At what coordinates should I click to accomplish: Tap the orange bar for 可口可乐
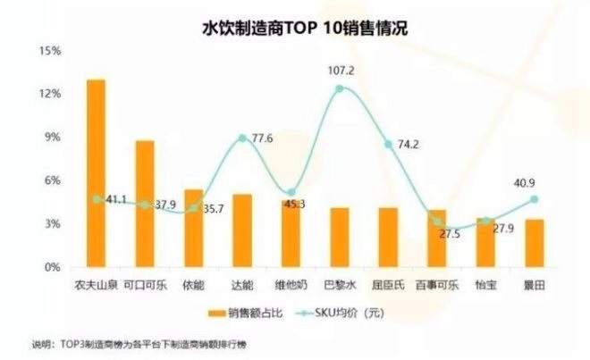(145, 204)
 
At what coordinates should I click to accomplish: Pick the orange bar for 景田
(533, 243)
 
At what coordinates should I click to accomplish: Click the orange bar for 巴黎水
(339, 237)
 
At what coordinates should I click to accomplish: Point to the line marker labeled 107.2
(339, 88)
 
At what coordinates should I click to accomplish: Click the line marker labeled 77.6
(242, 138)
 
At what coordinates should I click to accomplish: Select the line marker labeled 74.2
(388, 145)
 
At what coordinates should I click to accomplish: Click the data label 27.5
(444, 234)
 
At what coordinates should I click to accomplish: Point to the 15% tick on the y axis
(49, 51)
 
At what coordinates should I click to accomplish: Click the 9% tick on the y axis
(52, 138)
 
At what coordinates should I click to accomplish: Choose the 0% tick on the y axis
(52, 267)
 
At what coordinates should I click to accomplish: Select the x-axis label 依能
(193, 284)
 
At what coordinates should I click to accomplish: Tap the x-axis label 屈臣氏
(387, 284)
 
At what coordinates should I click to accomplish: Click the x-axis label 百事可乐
(435, 284)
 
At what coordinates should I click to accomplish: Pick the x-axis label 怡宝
(485, 284)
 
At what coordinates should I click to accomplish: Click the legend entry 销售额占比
(252, 313)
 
